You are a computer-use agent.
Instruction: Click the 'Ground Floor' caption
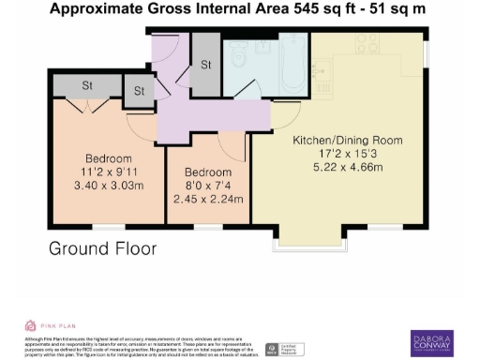[x=102, y=248]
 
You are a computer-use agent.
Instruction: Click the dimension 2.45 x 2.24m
[x=207, y=199]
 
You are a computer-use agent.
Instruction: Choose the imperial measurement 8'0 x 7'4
[x=207, y=186]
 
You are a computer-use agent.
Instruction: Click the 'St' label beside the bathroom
[x=205, y=66]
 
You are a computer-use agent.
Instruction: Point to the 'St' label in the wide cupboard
[x=88, y=85]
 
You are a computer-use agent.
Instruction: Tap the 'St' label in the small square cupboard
[x=139, y=91]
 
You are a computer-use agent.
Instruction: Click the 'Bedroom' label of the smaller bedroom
[x=207, y=172]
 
